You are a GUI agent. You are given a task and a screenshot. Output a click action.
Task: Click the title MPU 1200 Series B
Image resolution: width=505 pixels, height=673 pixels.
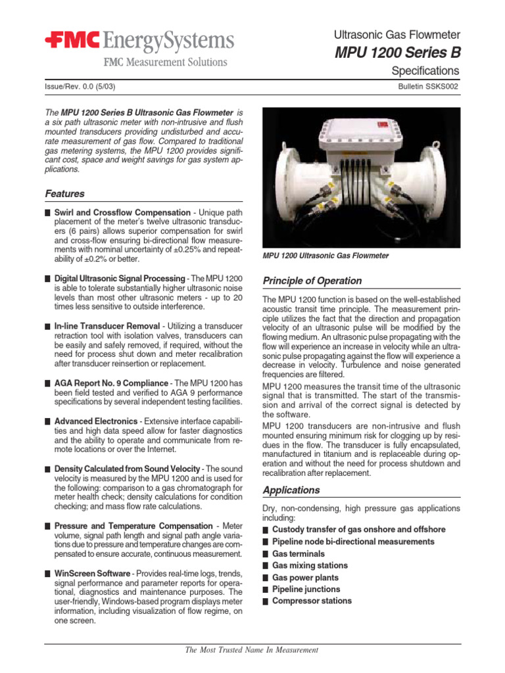point(398,53)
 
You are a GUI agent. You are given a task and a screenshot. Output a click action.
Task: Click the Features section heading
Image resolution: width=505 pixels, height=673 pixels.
point(64,194)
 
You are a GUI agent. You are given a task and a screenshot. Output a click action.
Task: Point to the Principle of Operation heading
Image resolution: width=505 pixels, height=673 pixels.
point(312,281)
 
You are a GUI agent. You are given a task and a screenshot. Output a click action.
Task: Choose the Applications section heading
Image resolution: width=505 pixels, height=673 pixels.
point(291,490)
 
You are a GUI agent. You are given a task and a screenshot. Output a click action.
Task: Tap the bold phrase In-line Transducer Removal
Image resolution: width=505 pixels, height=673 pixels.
point(107,326)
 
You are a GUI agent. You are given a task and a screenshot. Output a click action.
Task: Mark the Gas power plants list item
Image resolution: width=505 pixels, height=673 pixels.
point(306,577)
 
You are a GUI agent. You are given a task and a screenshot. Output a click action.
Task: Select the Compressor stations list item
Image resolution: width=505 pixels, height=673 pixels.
point(312,601)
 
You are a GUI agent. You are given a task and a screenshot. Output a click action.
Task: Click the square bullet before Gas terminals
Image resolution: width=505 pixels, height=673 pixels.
point(265,554)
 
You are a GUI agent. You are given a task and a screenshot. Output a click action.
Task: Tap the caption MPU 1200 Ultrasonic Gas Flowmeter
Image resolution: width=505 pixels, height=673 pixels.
point(325,256)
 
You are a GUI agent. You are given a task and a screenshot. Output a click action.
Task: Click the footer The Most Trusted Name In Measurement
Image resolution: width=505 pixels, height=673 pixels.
point(252,650)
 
